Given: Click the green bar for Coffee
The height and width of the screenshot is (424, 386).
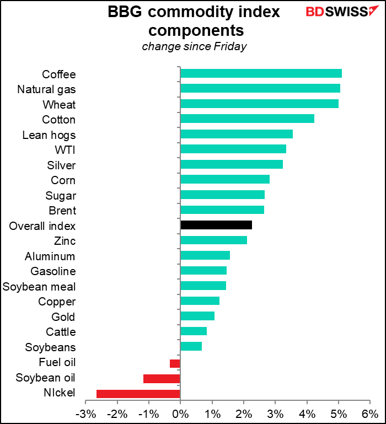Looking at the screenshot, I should pos(261,74).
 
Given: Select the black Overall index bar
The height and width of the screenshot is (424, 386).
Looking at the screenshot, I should pos(216,225).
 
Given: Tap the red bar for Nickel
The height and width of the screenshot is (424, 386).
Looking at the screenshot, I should pos(138,393).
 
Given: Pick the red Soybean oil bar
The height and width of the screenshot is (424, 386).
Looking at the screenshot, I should pos(162,378).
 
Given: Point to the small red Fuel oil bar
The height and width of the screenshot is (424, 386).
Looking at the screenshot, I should pos(175,363).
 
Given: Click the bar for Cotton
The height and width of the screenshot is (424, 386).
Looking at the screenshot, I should pos(247,119).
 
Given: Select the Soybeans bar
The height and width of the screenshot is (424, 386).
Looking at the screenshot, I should pos(191,346).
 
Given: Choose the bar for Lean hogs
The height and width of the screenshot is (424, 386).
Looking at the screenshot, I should pos(237,135).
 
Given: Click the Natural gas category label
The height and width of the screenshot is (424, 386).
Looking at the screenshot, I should pos(46,89).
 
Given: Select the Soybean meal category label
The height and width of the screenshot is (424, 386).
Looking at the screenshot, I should pos(39,286).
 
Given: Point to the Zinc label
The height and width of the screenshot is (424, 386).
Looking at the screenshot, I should pos(65,240).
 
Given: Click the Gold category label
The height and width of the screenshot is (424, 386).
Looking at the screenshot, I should pos(64,316).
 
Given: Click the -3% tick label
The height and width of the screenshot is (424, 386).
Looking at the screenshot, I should pos(85,414).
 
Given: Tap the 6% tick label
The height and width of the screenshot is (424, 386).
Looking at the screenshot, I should pos(370,414).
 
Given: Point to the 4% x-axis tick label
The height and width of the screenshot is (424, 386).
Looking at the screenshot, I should pos(307,414).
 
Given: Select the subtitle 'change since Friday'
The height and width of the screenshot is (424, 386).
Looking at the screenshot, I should pos(194,46).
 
